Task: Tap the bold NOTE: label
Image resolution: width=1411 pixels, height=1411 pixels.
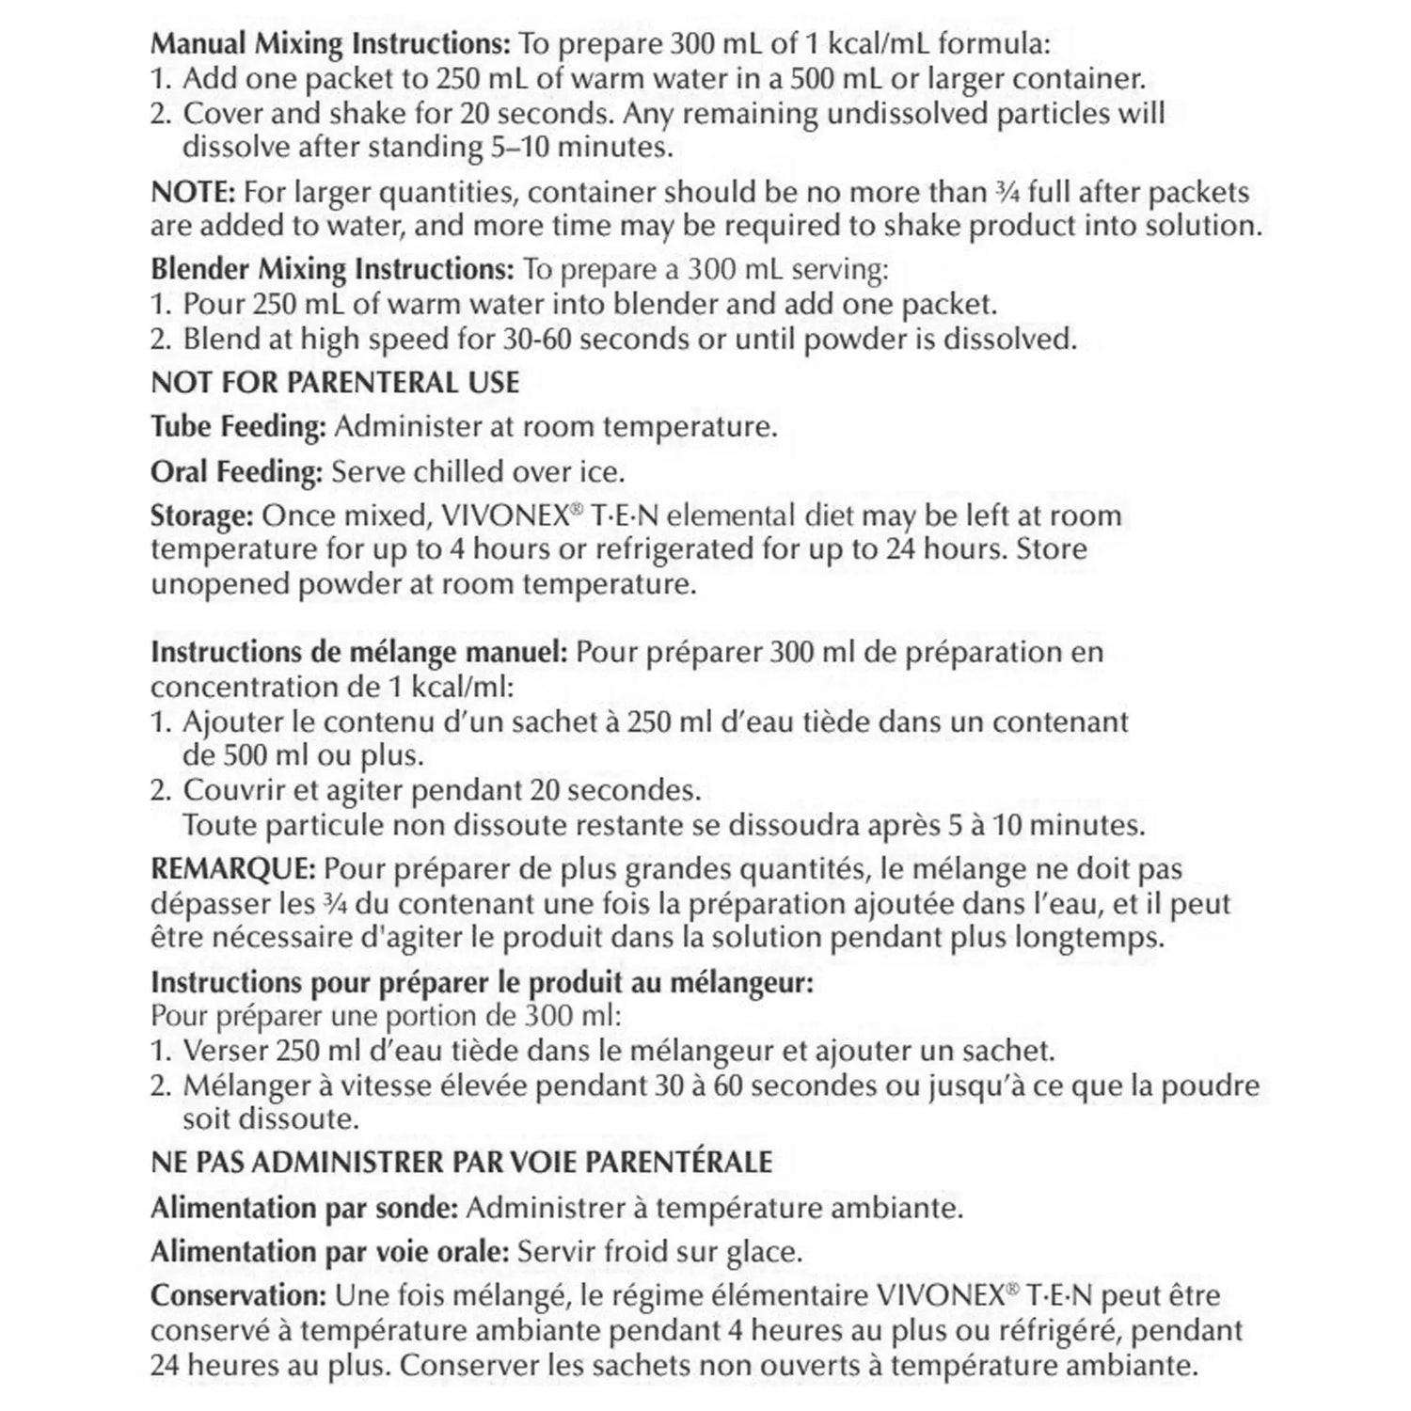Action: pyautogui.click(x=193, y=192)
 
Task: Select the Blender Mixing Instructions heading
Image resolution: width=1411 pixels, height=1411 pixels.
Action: pyautogui.click(x=332, y=270)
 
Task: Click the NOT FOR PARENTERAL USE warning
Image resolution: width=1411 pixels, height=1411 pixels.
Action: pyautogui.click(x=335, y=382)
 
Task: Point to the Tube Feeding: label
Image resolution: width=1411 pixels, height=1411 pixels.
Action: pyautogui.click(x=239, y=427)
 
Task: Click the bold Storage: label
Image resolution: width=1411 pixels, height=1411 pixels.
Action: pyautogui.click(x=202, y=516)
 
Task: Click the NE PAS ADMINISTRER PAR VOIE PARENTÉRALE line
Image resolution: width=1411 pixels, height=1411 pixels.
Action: pyautogui.click(x=461, y=1162)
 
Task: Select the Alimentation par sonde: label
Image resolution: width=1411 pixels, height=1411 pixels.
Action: pyautogui.click(x=305, y=1207)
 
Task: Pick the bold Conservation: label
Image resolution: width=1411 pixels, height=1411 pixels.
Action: pyautogui.click(x=237, y=1295)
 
